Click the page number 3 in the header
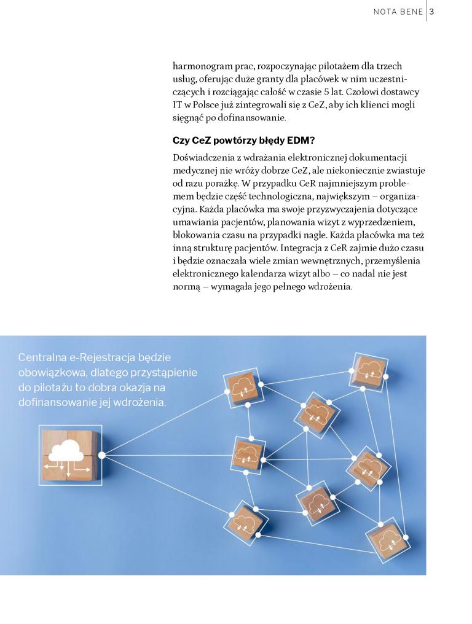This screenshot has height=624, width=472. tap(432, 12)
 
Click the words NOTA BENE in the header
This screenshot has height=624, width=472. tap(397, 12)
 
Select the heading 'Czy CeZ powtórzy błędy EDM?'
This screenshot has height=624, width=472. tap(243, 140)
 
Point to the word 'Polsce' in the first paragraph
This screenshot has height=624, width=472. tap(198, 105)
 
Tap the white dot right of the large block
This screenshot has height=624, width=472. tap(102, 455)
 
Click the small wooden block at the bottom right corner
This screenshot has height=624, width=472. tap(387, 539)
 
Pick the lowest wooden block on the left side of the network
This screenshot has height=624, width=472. tap(245, 522)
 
